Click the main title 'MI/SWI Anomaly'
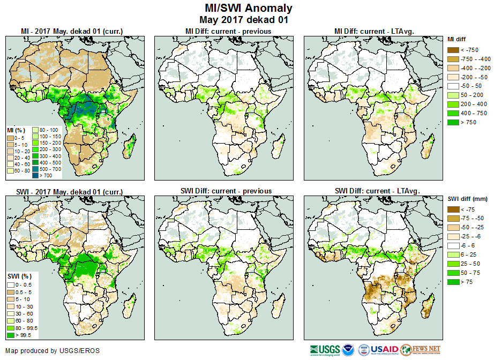click(249, 8)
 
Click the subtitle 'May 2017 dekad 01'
click(249, 20)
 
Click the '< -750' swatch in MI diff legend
click(453, 50)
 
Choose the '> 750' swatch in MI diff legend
click(453, 122)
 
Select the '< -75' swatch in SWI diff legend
click(453, 209)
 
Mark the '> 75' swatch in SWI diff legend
click(453, 282)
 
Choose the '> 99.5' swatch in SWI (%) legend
click(11, 335)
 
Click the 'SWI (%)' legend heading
click(18, 276)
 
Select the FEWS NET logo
click(420, 350)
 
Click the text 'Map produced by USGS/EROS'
click(52, 351)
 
